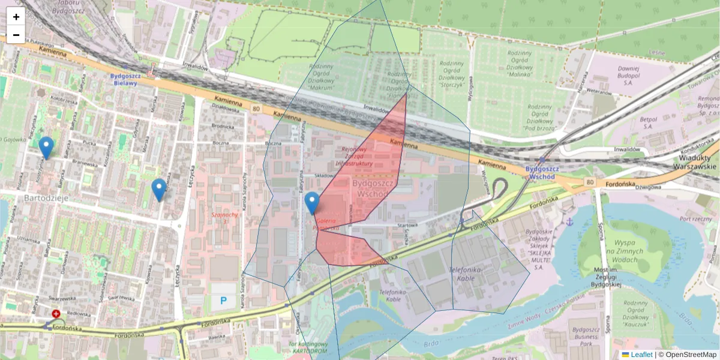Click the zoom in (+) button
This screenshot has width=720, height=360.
pyautogui.click(x=16, y=17)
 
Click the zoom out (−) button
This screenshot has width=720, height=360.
pyautogui.click(x=16, y=35)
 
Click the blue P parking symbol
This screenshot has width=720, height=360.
pyautogui.click(x=224, y=300)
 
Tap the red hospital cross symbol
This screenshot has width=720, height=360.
pyautogui.click(x=56, y=314)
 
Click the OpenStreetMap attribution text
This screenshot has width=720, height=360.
pyautogui.click(x=691, y=355)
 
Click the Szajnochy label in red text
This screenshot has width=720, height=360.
pyautogui.click(x=225, y=218)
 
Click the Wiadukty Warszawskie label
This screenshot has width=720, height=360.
pyautogui.click(x=695, y=162)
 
